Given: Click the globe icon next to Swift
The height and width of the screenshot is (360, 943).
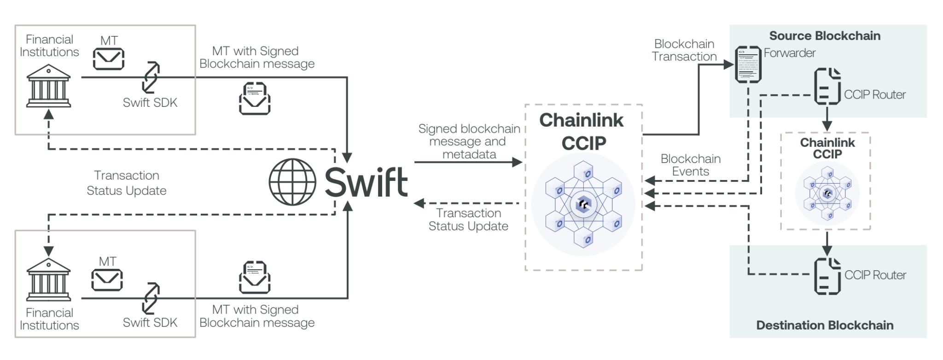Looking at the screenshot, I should [x=293, y=182].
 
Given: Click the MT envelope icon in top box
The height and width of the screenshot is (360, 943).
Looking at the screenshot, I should [x=109, y=59].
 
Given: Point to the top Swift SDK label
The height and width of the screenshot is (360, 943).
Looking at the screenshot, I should [x=150, y=103].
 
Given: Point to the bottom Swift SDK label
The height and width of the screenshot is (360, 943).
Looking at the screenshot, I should [x=150, y=322].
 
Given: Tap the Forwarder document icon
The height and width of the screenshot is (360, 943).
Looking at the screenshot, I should [x=748, y=64].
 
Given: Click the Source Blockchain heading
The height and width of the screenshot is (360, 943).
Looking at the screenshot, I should [x=825, y=36].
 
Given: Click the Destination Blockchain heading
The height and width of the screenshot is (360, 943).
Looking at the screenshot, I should [x=825, y=325].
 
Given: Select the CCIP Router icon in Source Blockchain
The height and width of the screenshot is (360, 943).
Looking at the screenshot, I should [x=827, y=86].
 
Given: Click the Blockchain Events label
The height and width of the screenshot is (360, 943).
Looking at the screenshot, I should [x=690, y=165].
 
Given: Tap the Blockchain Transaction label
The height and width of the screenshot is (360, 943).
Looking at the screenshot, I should [x=684, y=50].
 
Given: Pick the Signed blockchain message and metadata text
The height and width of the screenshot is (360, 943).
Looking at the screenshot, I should [x=469, y=141].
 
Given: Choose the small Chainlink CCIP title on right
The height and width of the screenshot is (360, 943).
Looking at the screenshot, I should [x=827, y=148].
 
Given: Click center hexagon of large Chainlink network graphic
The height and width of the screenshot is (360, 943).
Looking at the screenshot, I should [x=583, y=204].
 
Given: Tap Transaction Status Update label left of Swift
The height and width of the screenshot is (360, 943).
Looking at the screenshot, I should [x=127, y=183].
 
